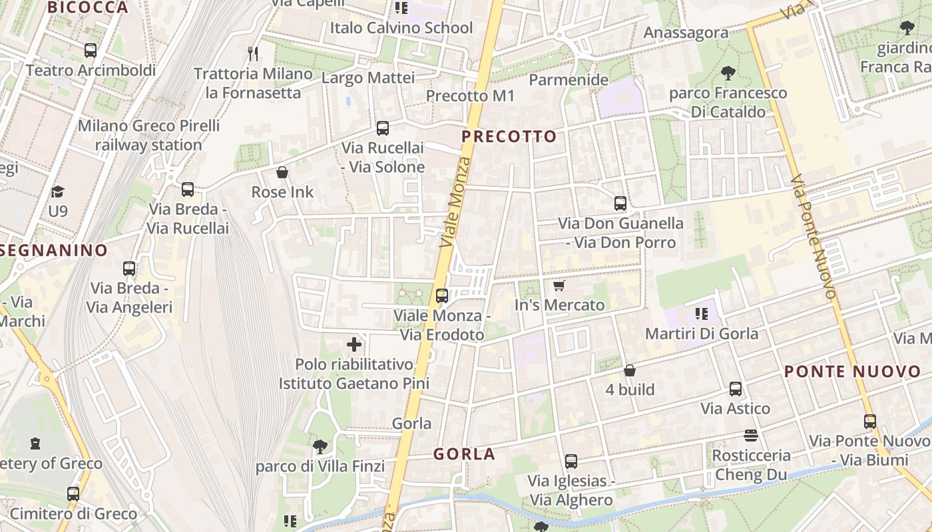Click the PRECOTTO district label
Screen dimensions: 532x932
click(509, 137)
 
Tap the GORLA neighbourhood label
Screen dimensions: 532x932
click(464, 454)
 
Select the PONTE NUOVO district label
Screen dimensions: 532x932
click(852, 372)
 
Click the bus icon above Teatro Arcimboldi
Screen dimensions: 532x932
click(91, 51)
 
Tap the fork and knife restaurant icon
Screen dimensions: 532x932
click(253, 54)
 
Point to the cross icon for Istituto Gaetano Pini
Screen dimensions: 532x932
click(354, 344)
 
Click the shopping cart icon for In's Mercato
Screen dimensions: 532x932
click(559, 285)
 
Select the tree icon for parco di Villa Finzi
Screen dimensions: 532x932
click(320, 446)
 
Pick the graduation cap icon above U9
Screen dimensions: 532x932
click(58, 192)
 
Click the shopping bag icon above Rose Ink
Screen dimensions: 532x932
click(282, 173)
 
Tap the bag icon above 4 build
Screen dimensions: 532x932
click(630, 370)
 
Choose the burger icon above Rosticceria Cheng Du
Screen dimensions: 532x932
click(751, 436)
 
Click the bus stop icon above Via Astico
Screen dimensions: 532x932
click(736, 389)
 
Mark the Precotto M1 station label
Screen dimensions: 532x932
click(471, 96)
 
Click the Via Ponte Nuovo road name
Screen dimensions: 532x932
click(813, 236)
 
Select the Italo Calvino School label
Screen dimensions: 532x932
click(401, 28)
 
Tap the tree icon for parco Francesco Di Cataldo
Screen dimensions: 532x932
click(728, 73)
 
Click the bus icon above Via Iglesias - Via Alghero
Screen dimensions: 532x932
click(571, 461)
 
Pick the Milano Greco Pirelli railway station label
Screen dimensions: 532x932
click(148, 135)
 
